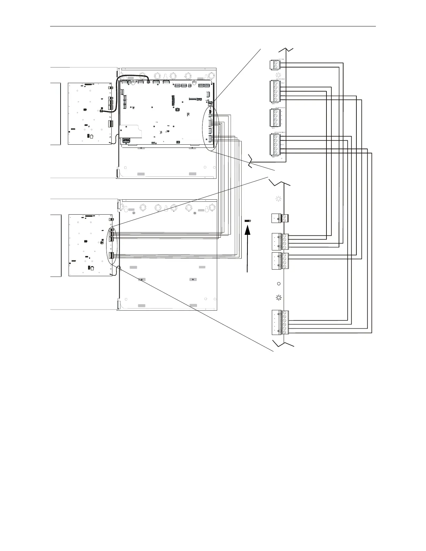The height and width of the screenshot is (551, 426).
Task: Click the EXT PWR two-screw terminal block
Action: [x=275, y=65]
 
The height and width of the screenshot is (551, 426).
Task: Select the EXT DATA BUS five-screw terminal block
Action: [x=275, y=91]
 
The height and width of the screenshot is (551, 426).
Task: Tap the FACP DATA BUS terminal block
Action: [x=275, y=118]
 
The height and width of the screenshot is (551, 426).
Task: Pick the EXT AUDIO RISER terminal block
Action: [x=275, y=144]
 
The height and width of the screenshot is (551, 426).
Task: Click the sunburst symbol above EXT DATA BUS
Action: [x=278, y=75]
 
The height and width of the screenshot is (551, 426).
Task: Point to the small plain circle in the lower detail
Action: [x=278, y=284]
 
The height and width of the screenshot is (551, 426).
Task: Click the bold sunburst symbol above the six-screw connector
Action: [x=278, y=298]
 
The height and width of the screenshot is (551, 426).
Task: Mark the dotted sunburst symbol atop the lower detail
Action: [x=278, y=199]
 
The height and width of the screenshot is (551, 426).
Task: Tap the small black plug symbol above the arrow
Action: [x=247, y=221]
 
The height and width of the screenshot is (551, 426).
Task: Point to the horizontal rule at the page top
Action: [x=213, y=26]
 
